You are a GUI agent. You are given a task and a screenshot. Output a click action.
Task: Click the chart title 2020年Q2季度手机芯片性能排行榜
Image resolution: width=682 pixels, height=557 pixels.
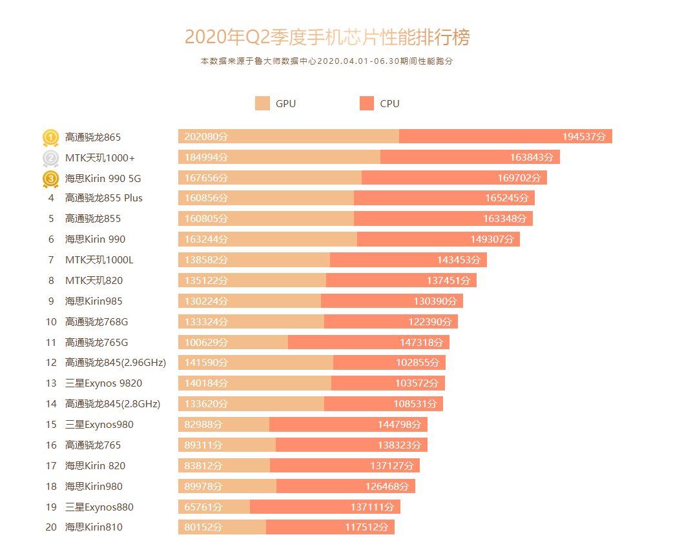327,37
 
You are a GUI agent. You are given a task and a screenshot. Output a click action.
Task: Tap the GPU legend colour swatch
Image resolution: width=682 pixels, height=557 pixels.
262,103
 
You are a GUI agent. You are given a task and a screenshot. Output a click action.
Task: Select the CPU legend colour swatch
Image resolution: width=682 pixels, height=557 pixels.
367,103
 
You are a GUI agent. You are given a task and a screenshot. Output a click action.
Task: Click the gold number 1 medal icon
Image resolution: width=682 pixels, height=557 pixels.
51,137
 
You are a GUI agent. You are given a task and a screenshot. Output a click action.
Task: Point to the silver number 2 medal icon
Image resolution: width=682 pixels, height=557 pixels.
51,158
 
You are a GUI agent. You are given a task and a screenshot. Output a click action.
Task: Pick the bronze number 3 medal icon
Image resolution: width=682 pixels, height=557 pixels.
51,179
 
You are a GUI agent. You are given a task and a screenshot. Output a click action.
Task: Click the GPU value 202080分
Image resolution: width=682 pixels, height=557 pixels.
206,137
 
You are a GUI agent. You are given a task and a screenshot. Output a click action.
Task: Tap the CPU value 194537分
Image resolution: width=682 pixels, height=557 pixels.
584,137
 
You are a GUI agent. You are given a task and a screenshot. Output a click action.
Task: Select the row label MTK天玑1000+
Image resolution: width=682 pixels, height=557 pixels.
100,157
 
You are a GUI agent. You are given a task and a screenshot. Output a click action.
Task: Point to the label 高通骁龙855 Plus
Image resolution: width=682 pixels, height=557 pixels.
104,198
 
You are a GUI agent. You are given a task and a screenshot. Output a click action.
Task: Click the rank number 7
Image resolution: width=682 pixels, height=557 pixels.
51,260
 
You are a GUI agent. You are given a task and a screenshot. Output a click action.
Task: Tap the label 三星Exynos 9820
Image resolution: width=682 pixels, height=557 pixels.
103,383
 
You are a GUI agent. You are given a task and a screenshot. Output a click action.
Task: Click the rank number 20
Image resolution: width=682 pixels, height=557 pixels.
51,527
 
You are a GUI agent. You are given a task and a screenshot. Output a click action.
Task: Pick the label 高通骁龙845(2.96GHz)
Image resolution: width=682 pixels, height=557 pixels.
116,363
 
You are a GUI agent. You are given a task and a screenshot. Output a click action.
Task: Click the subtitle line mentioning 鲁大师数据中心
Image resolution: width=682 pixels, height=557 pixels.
327,61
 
